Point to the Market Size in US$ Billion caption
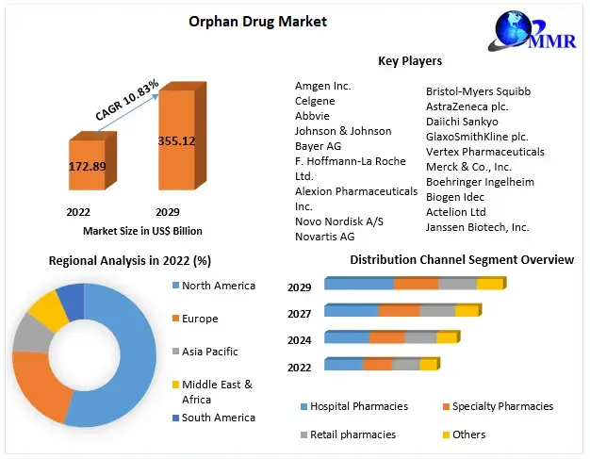click(x=142, y=231)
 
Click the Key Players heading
click(x=409, y=61)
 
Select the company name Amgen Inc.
click(x=322, y=86)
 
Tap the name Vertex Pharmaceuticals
click(x=484, y=152)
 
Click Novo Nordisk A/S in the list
click(x=339, y=221)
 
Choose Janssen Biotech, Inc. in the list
click(x=477, y=227)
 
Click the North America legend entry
click(x=218, y=286)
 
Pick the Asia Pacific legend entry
click(x=209, y=352)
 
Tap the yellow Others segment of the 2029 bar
click(x=490, y=284)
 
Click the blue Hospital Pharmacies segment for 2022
click(x=344, y=365)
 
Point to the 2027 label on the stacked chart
click(x=300, y=314)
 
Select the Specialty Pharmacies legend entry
click(x=502, y=406)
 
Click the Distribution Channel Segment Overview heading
click(x=462, y=259)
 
